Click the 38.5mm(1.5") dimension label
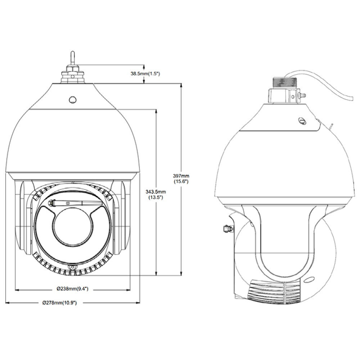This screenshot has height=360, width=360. [145, 73]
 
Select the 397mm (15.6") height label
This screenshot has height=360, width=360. [181, 179]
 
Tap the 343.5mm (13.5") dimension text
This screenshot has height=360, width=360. [157, 194]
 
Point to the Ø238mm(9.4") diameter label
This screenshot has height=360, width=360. [72, 289]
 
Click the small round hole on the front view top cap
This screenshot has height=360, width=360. [73, 99]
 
